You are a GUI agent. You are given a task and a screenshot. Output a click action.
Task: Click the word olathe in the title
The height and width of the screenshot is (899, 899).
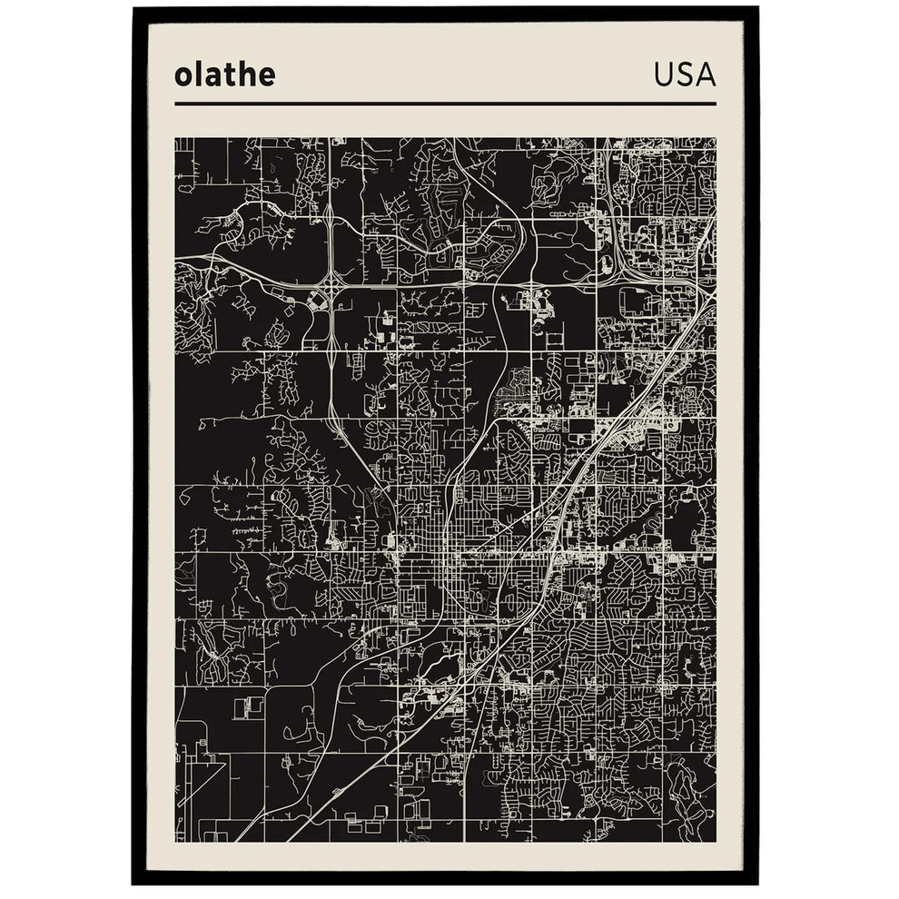coord(224,74)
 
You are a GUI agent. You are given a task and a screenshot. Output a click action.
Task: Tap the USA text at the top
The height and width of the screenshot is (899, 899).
coord(685,75)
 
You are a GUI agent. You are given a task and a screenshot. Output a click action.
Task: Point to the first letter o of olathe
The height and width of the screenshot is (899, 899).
coord(183,77)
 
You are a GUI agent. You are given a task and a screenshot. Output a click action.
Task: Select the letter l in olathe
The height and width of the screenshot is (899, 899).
coord(196,74)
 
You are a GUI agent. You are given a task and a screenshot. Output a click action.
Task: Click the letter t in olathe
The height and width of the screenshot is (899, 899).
coord(225,74)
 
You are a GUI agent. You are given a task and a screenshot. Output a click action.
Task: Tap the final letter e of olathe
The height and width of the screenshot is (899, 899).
coord(265,77)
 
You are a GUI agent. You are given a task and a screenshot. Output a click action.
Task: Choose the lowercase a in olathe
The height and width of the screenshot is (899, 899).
coord(210,77)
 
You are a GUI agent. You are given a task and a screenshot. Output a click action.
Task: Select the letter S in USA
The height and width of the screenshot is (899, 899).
coord(686,75)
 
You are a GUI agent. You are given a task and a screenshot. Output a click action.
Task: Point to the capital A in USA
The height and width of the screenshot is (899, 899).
coord(706,75)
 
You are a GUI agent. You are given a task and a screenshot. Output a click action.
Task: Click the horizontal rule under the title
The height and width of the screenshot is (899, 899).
coord(445,104)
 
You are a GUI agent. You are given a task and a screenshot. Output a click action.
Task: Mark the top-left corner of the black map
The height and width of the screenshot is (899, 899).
coord(175,139)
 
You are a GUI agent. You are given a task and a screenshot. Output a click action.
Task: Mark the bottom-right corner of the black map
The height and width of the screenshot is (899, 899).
coord(716,842)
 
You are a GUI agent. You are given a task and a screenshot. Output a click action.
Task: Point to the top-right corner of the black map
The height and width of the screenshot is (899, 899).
coord(716,139)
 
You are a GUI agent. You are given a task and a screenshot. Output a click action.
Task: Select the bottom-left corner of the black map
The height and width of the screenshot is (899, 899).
coord(175,842)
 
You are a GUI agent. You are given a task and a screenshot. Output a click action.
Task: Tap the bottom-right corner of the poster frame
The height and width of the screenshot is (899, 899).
coord(758,884)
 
